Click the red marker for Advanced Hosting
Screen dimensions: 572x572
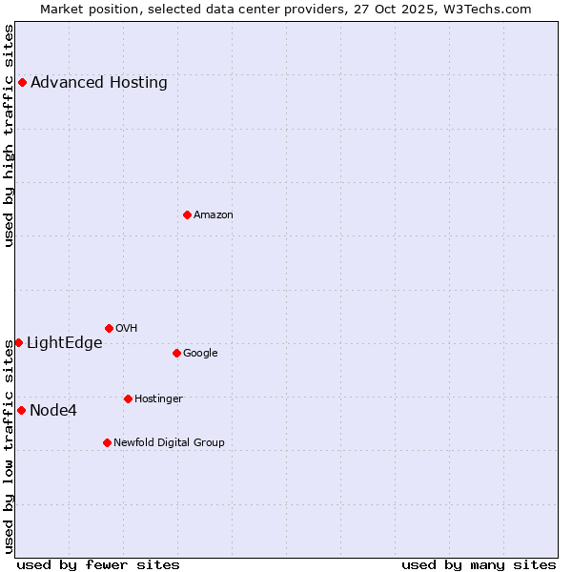pyautogui.click(x=22, y=83)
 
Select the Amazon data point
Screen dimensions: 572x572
pyautogui.click(x=187, y=214)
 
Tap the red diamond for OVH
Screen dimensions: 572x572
pyautogui.click(x=109, y=328)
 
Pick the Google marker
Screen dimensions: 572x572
pyautogui.click(x=176, y=353)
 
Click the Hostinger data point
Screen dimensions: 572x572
pyautogui.click(x=128, y=398)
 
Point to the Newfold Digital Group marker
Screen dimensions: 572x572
pyautogui.click(x=107, y=442)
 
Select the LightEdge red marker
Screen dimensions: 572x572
pyautogui.click(x=18, y=342)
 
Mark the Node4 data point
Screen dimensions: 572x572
pyautogui.click(x=21, y=410)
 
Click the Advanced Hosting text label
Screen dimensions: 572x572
pyautogui.click(x=99, y=83)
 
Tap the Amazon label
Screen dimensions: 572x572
pyautogui.click(x=214, y=214)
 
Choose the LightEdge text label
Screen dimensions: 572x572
pyautogui.click(x=64, y=343)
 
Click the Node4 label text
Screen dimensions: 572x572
pyautogui.click(x=53, y=411)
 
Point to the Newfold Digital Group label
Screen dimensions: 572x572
pyautogui.click(x=169, y=442)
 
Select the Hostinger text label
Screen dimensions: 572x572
pyautogui.click(x=158, y=398)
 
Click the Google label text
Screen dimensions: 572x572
pyautogui.click(x=200, y=353)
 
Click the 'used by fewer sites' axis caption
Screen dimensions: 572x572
pyautogui.click(x=98, y=564)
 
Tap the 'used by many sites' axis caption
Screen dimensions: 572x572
pyautogui.click(x=479, y=564)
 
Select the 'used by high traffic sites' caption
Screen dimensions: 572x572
pyautogui.click(x=10, y=135)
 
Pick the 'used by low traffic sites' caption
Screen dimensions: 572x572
pyautogui.click(x=10, y=446)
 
